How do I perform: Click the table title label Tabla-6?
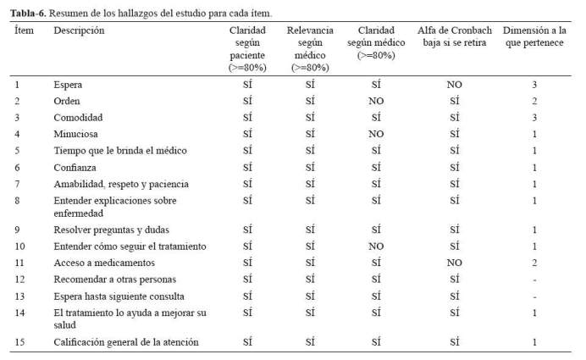(x=28, y=14)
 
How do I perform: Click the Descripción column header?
(x=79, y=30)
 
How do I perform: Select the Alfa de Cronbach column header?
(x=455, y=36)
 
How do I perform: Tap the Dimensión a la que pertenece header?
(x=534, y=36)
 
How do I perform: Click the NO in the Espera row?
(x=455, y=85)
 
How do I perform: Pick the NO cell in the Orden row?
(x=376, y=101)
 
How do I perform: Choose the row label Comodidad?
(x=78, y=118)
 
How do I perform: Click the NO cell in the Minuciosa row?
(x=376, y=134)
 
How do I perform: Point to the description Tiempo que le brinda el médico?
(x=120, y=151)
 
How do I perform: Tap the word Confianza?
(x=75, y=168)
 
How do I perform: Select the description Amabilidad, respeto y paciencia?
(x=121, y=184)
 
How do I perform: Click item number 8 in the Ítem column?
(x=17, y=201)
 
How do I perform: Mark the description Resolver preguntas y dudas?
(x=112, y=230)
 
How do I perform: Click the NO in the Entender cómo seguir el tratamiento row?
(x=376, y=246)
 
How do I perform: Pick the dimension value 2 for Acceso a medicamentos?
(x=534, y=263)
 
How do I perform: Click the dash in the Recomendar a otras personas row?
(x=535, y=280)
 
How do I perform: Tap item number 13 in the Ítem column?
(x=19, y=296)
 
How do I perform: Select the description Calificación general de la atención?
(x=126, y=342)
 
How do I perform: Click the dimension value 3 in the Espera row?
(x=534, y=85)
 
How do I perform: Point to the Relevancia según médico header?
(x=310, y=48)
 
